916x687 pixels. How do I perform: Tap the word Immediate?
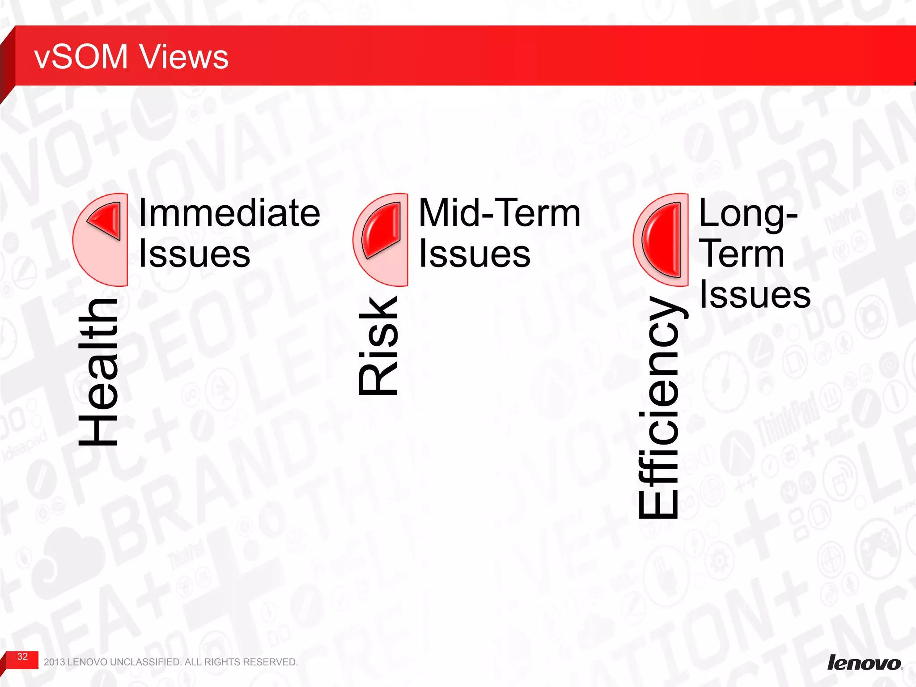pyautogui.click(x=229, y=213)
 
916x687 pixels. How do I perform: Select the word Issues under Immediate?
pyautogui.click(x=194, y=254)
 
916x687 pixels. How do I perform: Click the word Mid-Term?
pyautogui.click(x=499, y=213)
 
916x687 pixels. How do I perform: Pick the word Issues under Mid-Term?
pyautogui.click(x=474, y=254)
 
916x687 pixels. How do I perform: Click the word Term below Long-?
pyautogui.click(x=742, y=254)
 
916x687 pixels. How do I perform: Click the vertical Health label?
pyautogui.click(x=98, y=372)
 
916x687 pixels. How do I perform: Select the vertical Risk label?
pyautogui.click(x=378, y=345)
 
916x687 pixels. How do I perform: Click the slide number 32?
pyautogui.click(x=22, y=657)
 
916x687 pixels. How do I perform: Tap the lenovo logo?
pyautogui.click(x=864, y=662)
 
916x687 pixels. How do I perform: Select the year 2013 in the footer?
pyautogui.click(x=54, y=662)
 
